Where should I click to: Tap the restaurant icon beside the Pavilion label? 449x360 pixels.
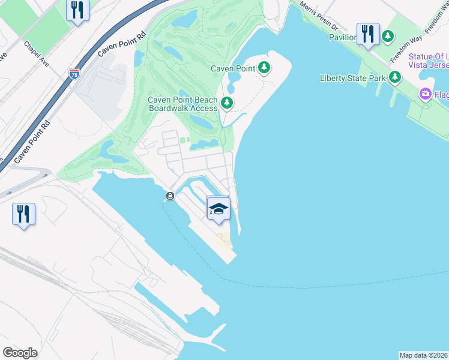coord(367,34)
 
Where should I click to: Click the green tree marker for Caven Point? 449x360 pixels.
coord(264,68)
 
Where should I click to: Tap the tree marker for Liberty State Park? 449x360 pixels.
coord(394,77)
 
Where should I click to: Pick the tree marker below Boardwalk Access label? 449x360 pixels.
coord(226,103)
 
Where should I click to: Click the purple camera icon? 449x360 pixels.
coord(426,94)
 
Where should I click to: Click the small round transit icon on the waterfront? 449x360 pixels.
coord(170,196)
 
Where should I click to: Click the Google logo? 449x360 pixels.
coord(20,353)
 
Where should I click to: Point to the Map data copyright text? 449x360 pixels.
coord(423,355)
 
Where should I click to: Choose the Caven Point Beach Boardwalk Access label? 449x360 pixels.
coord(182,104)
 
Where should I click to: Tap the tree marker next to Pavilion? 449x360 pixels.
coord(388,37)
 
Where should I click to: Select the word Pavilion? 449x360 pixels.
coord(343,37)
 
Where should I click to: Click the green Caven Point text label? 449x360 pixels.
coord(233,68)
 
